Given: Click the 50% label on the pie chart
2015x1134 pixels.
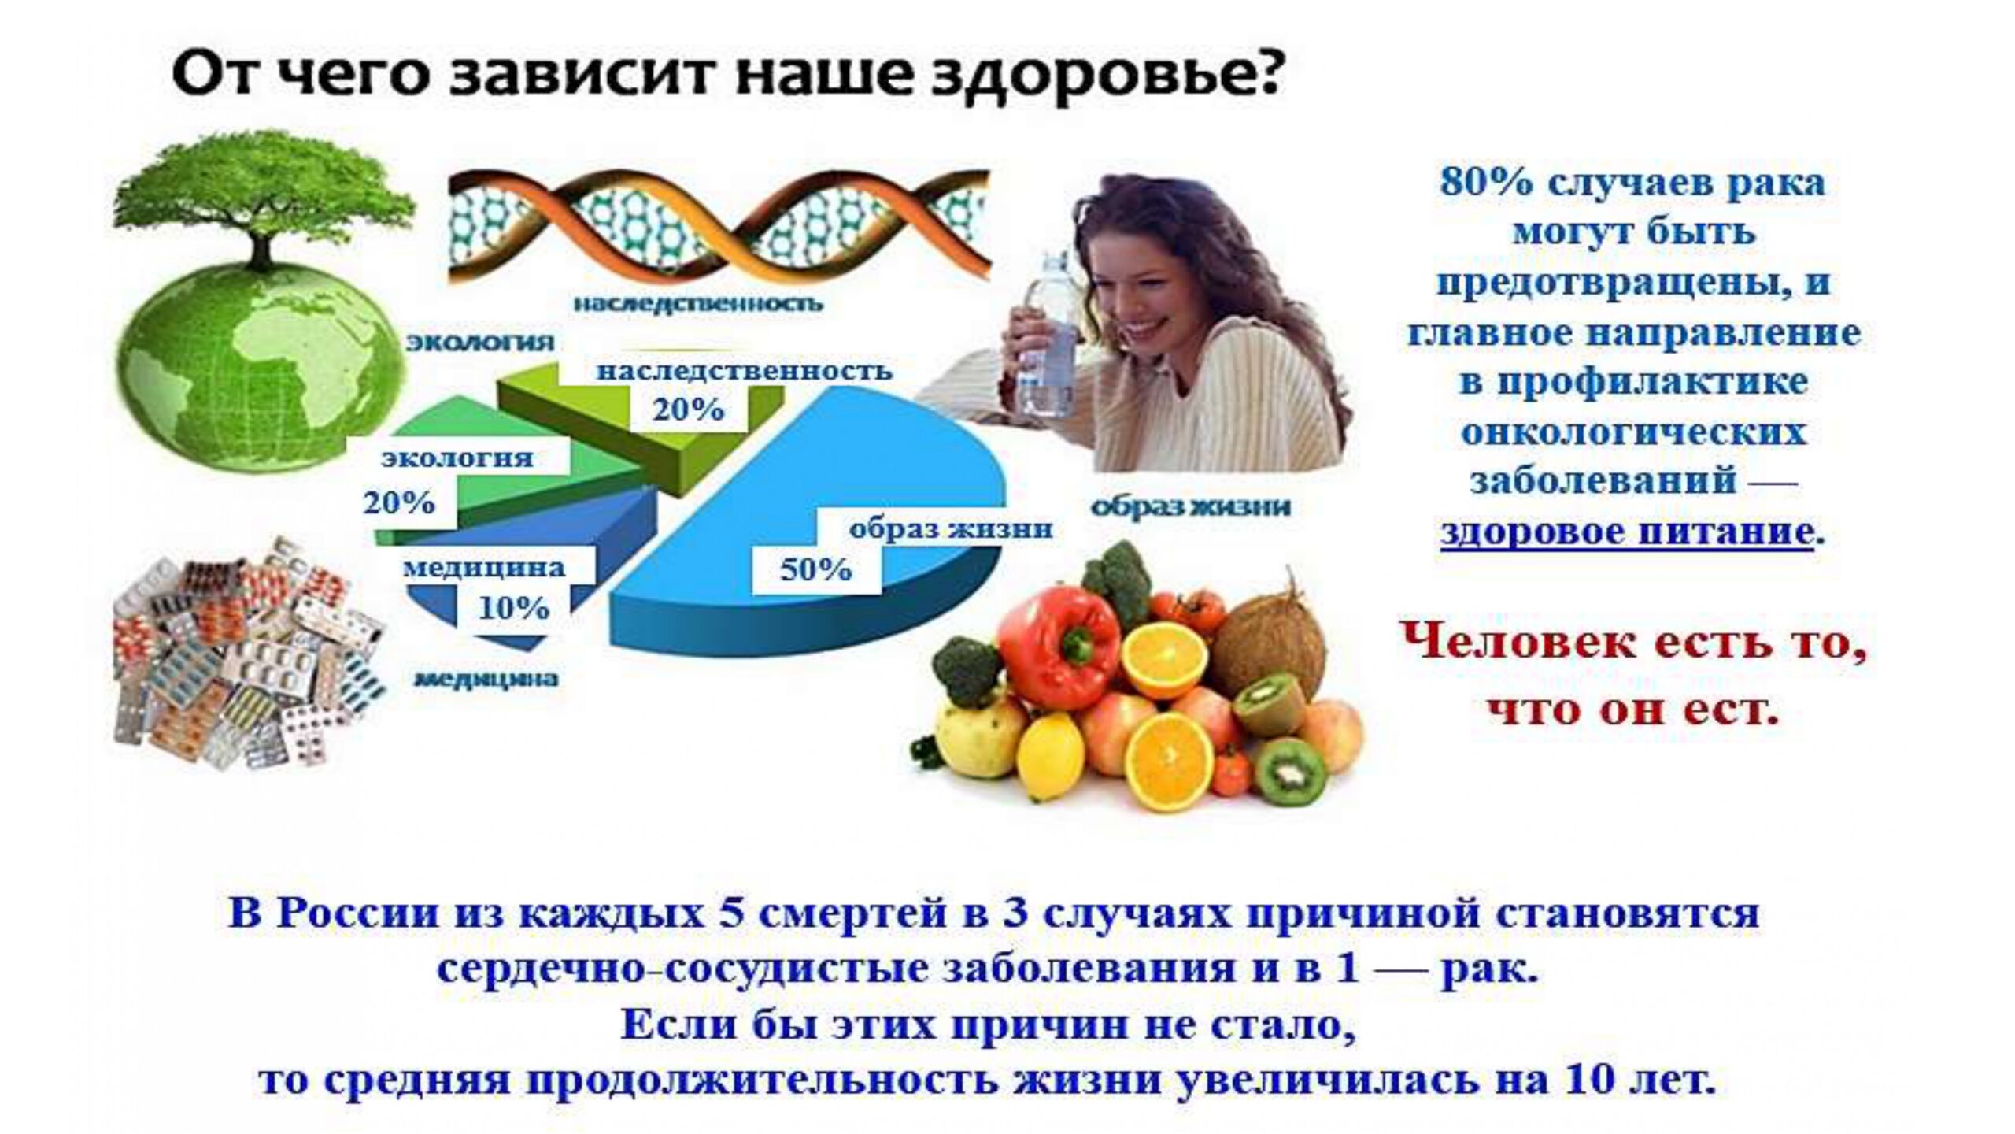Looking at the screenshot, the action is [x=815, y=569].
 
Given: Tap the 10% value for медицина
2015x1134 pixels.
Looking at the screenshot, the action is [x=514, y=608].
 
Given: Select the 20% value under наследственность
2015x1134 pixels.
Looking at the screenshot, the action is [x=688, y=409].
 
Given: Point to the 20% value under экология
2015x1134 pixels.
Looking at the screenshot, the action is [x=399, y=502].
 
